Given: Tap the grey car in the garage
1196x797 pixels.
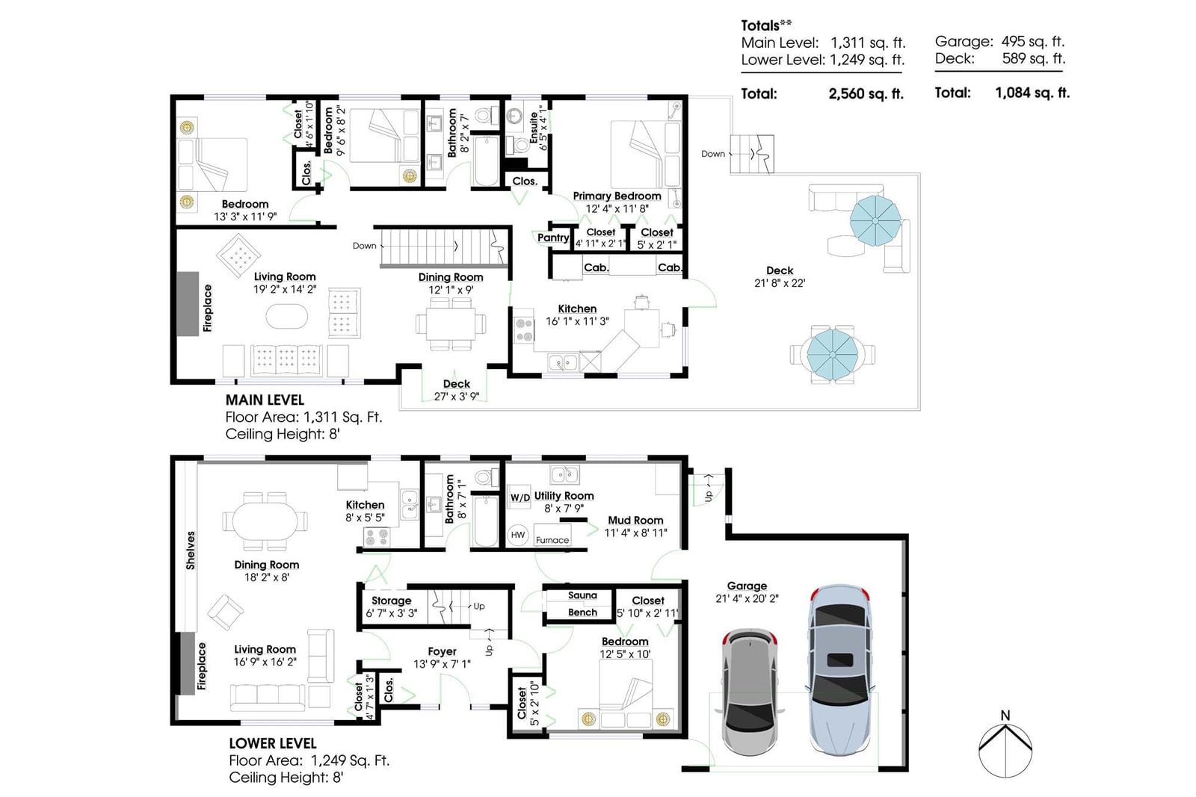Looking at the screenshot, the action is pyautogui.click(x=750, y=692).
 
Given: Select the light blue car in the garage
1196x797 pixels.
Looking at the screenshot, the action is pyautogui.click(x=840, y=670).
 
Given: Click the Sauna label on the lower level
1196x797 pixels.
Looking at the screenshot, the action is pyautogui.click(x=582, y=595).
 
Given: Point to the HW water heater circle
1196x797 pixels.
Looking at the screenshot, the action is pyautogui.click(x=517, y=535).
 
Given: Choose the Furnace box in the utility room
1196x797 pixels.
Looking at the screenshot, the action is pyautogui.click(x=552, y=535).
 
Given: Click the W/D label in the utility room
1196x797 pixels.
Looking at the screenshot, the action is pyautogui.click(x=520, y=497).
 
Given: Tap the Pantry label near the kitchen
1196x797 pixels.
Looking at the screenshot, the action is pyautogui.click(x=553, y=238).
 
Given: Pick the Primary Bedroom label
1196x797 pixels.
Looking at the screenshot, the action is pyautogui.click(x=617, y=196).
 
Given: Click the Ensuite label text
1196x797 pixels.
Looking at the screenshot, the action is pyautogui.click(x=534, y=128).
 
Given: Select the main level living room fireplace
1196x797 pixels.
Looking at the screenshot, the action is pyautogui.click(x=188, y=303).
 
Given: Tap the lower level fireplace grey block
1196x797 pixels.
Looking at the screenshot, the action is pyautogui.click(x=187, y=663).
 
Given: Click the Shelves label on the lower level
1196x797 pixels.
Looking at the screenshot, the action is pyautogui.click(x=191, y=551).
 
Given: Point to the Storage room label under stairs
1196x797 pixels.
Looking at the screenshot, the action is pyautogui.click(x=392, y=601).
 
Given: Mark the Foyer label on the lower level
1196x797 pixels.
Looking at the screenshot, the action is pyautogui.click(x=442, y=651).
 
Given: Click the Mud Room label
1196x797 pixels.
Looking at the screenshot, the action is pyautogui.click(x=635, y=520).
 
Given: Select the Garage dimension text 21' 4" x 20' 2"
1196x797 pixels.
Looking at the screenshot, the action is pyautogui.click(x=747, y=598).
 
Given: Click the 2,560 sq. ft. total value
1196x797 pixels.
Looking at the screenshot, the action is pyautogui.click(x=866, y=94).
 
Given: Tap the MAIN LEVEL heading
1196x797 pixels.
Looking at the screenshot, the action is pyautogui.click(x=265, y=400).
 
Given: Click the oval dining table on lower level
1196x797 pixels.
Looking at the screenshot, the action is pyautogui.click(x=265, y=521).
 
